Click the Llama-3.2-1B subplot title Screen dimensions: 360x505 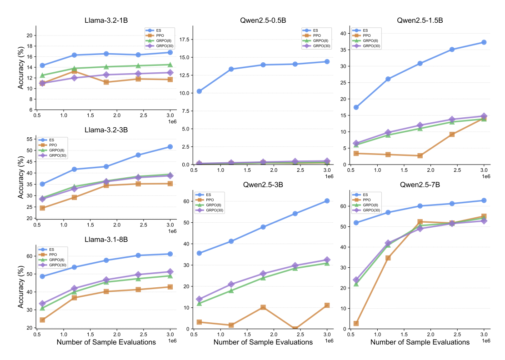(106, 20)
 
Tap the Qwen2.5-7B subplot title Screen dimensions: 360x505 (420, 185)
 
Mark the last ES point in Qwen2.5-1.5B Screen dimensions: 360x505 (484, 42)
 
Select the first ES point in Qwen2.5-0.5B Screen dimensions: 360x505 (199, 91)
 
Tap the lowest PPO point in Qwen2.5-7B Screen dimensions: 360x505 (356, 323)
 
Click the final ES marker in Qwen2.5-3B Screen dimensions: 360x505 (326, 200)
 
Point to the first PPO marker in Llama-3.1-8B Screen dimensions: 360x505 (42, 320)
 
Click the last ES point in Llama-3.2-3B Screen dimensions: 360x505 (170, 146)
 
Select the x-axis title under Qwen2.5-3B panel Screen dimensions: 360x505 (263, 342)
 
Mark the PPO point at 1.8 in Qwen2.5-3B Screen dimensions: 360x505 (263, 307)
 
